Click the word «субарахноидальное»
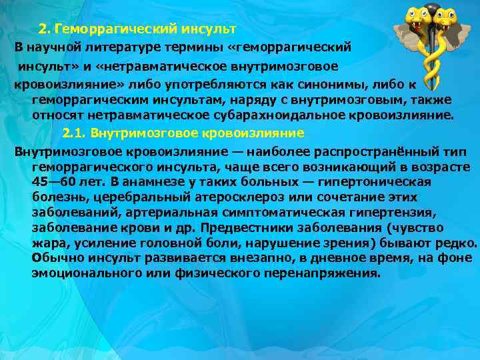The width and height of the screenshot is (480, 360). (x=284, y=115)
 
